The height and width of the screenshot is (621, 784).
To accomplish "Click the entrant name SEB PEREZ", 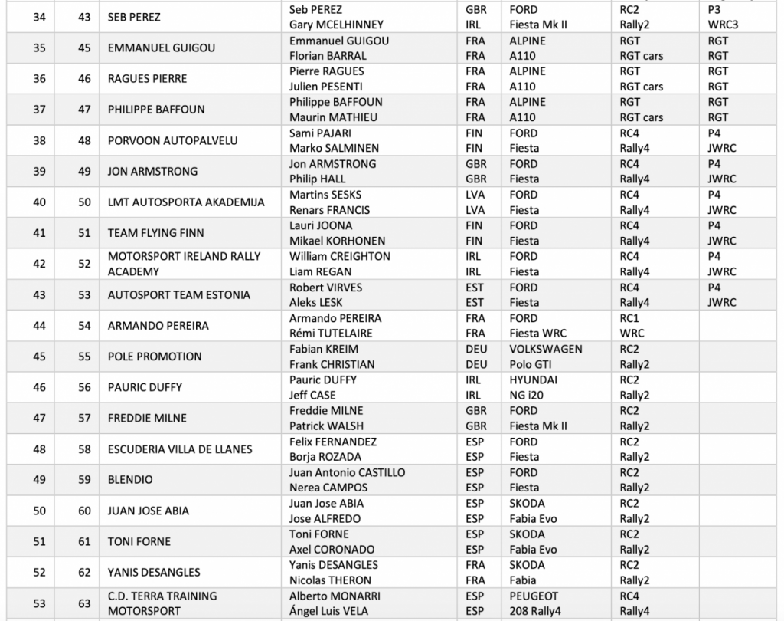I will (134, 17).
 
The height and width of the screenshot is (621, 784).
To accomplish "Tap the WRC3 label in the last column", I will (723, 25).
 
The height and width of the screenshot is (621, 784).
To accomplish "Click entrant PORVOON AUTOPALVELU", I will (172, 140).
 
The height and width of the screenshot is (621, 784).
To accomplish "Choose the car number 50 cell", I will (84, 202).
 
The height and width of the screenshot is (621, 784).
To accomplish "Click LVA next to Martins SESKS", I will (475, 195).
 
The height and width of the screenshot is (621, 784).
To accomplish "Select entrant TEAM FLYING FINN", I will (155, 233).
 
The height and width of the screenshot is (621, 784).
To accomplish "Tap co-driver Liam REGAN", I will (321, 271).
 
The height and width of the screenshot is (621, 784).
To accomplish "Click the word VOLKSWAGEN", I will (546, 349).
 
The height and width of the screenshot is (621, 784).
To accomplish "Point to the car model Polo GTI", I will (534, 364).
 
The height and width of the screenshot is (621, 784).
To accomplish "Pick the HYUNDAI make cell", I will (533, 379).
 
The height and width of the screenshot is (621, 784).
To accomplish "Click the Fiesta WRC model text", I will (540, 333).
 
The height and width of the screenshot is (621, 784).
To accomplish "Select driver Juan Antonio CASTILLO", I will (348, 472).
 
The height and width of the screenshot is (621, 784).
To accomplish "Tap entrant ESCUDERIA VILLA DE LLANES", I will (180, 449).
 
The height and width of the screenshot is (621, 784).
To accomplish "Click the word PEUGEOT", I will (534, 596).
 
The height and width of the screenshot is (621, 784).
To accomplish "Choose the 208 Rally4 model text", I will (542, 611).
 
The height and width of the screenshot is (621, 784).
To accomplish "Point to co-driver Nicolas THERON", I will (330, 580).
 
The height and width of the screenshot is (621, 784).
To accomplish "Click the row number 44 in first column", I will (39, 326).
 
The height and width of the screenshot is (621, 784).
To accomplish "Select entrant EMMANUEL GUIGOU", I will (161, 48).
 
